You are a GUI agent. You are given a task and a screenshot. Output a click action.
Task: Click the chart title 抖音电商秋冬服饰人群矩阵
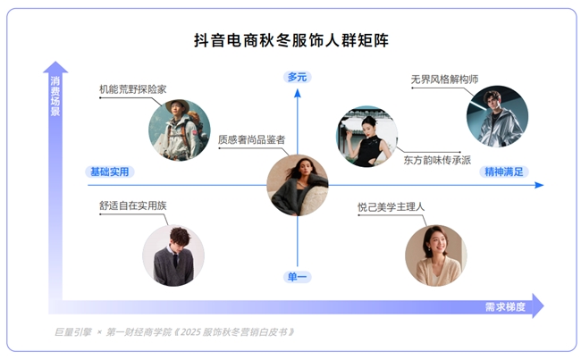tap(290, 40)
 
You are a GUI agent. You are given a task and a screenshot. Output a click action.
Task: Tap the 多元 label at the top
tap(297, 77)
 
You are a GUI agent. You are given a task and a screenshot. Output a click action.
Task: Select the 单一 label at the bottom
tap(297, 277)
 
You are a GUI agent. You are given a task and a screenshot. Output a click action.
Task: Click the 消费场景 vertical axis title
tap(55, 96)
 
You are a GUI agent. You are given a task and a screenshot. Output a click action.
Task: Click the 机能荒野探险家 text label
tap(133, 89)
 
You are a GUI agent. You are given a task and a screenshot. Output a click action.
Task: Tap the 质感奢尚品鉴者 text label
tap(251, 140)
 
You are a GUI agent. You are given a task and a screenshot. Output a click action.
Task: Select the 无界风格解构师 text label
tap(444, 78)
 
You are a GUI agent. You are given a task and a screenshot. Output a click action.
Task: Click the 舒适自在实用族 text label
tap(133, 206)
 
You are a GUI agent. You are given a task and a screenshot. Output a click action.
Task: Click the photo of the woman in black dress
tap(367, 137)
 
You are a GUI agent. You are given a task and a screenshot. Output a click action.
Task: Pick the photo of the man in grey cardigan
tap(173, 255)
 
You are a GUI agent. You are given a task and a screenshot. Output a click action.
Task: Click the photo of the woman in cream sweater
tap(435, 255)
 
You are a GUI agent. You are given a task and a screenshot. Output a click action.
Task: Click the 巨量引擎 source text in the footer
tap(72, 332)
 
